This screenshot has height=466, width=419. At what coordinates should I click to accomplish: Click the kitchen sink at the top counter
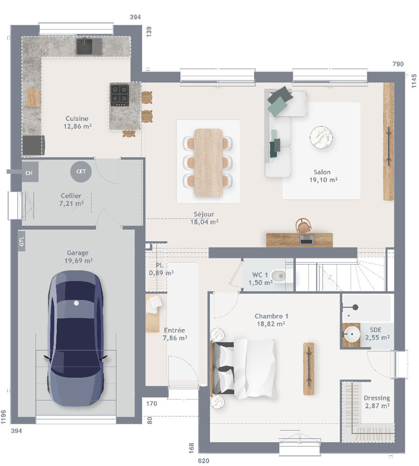coord(88,46)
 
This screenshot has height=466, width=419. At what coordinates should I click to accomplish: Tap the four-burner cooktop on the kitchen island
coord(119,95)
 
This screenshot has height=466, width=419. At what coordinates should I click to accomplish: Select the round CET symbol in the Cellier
coord(81,171)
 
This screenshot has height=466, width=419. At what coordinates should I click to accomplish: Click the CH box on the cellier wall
coord(29,172)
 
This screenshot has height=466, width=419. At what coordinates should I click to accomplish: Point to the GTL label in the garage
coord(22,242)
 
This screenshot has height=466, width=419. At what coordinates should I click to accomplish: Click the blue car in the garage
coord(75,338)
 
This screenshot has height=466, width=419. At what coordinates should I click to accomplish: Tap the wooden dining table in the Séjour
coord(208,162)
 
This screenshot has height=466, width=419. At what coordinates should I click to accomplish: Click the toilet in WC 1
coord(278,276)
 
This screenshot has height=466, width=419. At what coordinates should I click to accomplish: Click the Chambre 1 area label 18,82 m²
coord(271,324)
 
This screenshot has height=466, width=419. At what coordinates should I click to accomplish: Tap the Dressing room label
coord(377,398)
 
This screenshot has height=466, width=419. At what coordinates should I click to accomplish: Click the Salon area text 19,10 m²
coord(322,180)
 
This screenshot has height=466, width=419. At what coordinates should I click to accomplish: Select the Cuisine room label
coord(77,119)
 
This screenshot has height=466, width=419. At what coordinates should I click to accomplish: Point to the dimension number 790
coord(398,64)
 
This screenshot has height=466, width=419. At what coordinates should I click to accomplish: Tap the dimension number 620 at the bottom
coord(203,461)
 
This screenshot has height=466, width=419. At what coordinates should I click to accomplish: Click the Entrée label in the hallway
coord(174,330)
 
